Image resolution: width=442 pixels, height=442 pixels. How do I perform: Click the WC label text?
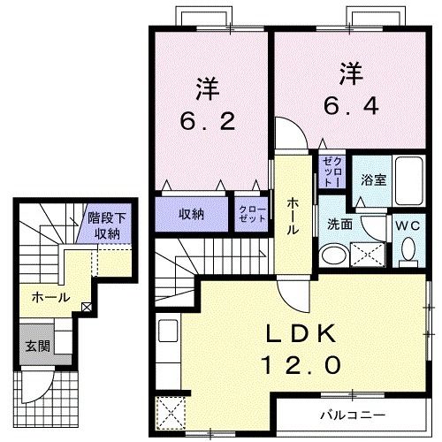[408, 225]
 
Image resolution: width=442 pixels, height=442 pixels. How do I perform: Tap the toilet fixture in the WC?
[408, 252]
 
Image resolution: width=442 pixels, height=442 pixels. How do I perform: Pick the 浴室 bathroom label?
[372, 179]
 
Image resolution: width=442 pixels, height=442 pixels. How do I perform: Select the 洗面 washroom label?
[340, 225]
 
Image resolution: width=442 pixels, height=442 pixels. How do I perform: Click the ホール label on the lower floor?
[50, 297]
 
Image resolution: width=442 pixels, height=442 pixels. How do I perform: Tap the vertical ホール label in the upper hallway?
[293, 214]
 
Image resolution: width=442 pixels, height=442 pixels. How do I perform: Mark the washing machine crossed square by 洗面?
[368, 255]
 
